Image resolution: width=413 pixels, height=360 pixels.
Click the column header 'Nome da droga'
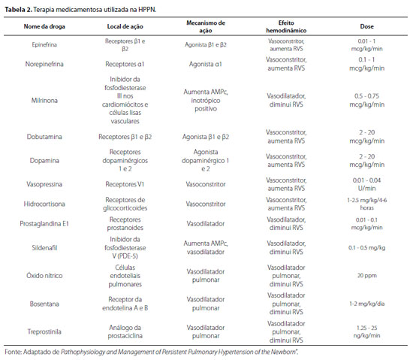click(44, 26)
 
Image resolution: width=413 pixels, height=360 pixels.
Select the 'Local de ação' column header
click(125, 26)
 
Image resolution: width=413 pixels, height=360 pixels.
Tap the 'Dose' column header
click(367, 26)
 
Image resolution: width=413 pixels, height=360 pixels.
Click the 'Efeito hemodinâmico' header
click(286, 26)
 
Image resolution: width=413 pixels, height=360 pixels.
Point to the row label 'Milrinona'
click(44, 101)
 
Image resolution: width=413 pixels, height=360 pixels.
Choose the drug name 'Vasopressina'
click(44, 184)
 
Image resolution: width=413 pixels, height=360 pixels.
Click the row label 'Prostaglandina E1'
click(44, 223)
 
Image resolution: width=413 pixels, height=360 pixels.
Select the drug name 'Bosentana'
click(44, 304)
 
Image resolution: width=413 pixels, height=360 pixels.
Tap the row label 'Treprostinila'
click(44, 331)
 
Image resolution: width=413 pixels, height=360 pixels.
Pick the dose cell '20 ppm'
click(367, 276)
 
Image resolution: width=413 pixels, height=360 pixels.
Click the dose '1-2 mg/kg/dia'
click(367, 304)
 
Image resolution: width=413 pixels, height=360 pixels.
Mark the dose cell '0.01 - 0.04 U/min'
click(367, 184)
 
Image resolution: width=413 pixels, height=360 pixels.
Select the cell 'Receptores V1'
click(125, 184)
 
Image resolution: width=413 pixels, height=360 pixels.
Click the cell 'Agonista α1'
click(206, 64)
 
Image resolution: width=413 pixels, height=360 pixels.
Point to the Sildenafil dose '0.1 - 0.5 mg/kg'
click(367, 248)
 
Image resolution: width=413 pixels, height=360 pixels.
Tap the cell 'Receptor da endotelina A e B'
click(125, 304)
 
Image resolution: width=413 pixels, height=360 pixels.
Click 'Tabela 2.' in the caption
click(19, 10)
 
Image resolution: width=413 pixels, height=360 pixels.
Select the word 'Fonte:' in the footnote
click(14, 352)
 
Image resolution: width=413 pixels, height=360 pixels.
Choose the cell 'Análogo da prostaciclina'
click(125, 331)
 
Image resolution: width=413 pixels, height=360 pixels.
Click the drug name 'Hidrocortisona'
click(44, 204)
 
